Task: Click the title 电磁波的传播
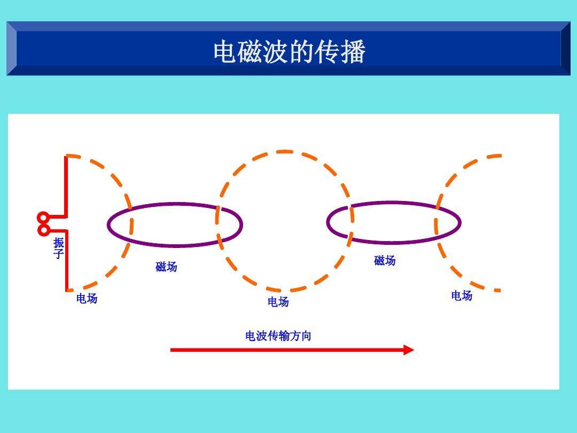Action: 290,51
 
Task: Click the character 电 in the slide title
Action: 225,51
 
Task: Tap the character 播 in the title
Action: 353,51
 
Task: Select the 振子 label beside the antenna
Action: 59,248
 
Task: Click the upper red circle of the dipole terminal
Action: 43,218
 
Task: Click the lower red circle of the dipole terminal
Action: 44,230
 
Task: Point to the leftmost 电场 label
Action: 87,298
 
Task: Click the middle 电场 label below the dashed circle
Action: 278,302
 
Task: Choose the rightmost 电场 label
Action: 462,295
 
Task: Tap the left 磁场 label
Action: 166,266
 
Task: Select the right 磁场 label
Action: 385,260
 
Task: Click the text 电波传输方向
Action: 278,336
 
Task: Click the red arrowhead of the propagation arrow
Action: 409,350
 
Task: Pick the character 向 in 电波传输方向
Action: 306,336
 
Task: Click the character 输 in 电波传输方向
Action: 284,336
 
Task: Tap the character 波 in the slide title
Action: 276,51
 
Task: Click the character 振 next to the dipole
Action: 59,243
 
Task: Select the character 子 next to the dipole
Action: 59,254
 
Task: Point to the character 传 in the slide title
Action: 328,51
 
